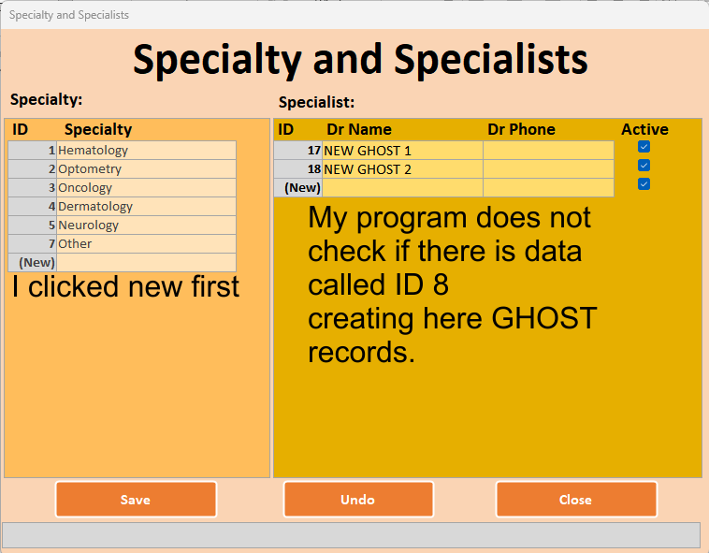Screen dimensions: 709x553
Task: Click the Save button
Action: [136, 499]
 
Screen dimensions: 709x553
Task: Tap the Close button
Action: [576, 499]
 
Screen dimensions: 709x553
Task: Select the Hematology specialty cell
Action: [146, 150]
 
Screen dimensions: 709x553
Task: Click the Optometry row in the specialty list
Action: [146, 169]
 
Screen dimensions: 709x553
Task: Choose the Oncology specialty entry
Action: [146, 188]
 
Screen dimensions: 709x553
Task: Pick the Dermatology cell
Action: [146, 206]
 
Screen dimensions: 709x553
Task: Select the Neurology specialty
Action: [146, 226]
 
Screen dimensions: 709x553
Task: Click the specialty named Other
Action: [146, 243]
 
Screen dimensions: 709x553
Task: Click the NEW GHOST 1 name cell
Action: [402, 151]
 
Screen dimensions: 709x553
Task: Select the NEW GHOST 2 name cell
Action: [402, 169]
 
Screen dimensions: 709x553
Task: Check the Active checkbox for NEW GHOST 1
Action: [644, 147]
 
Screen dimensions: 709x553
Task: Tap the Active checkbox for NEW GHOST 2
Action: [644, 165]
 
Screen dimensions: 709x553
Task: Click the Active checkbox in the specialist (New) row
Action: [644, 184]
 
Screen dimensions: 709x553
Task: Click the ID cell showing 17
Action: [298, 151]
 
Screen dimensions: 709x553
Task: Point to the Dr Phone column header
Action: [521, 129]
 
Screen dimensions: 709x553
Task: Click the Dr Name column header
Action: [359, 129]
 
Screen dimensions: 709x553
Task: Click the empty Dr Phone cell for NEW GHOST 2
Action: [548, 169]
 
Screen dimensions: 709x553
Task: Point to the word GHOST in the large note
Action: [544, 318]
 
